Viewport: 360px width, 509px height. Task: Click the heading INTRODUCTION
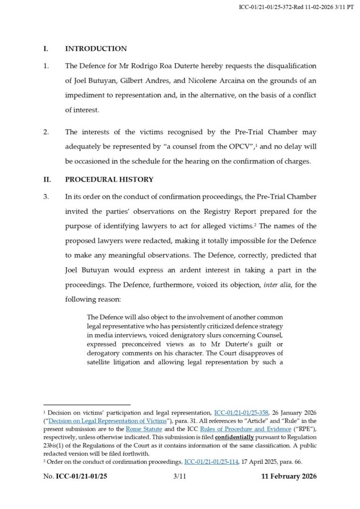point(96,49)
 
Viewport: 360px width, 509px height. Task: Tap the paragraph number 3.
point(46,196)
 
